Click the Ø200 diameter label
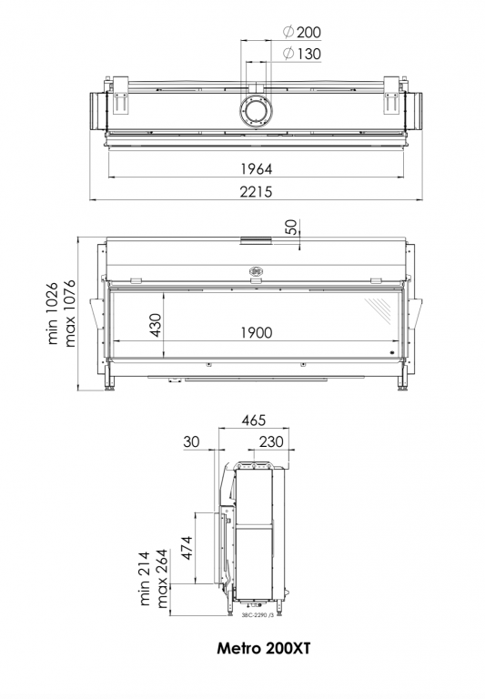tap(302, 32)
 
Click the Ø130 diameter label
tap(302, 54)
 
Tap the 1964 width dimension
tap(257, 169)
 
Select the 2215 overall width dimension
tap(256, 192)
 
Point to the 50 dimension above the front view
tap(290, 228)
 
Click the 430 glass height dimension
tap(155, 325)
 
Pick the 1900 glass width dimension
tap(257, 332)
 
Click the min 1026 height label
tap(53, 313)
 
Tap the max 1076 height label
tap(69, 313)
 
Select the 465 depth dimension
tap(254, 420)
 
